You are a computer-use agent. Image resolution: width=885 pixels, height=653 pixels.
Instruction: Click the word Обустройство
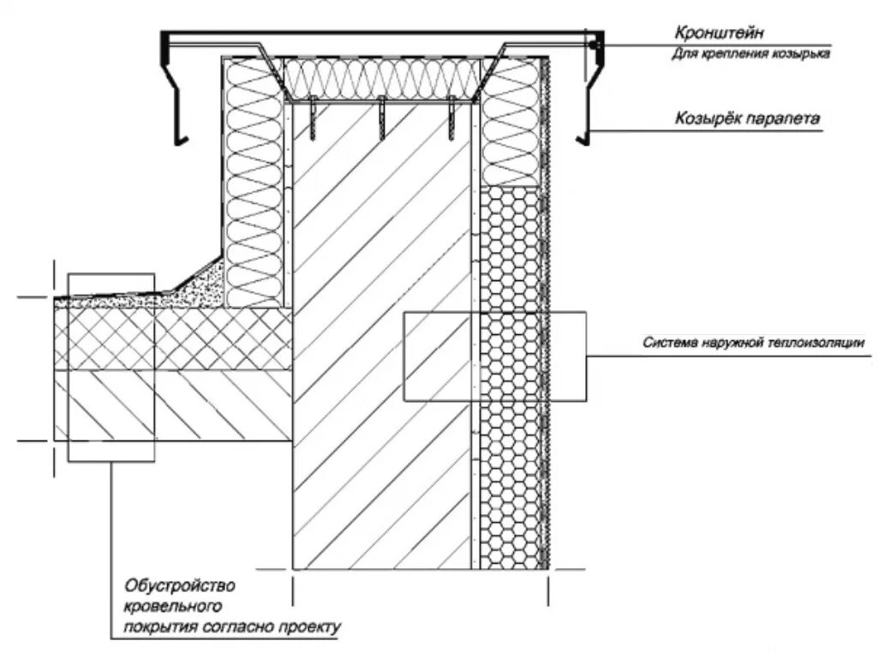coord(179,587)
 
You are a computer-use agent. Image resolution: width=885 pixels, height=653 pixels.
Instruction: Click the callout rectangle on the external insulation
coord(495,356)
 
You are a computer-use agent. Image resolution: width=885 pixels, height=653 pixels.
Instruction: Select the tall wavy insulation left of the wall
coord(254,180)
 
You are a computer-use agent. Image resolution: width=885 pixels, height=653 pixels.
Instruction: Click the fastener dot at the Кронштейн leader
coord(597,42)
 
